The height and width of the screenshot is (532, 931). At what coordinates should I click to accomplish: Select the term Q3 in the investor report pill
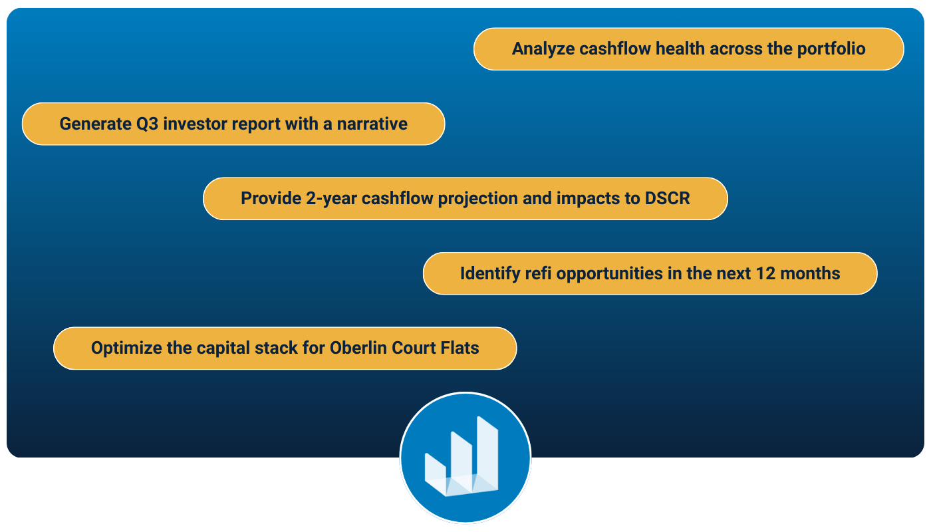click(147, 124)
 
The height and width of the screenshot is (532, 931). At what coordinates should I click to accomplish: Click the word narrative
click(372, 124)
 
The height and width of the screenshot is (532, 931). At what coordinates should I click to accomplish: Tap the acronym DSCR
click(667, 198)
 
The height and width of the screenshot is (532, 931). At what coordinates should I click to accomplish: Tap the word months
click(810, 273)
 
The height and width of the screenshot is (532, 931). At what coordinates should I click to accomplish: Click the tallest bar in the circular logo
click(487, 454)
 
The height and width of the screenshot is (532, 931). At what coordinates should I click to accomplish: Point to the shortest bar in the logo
click(435, 473)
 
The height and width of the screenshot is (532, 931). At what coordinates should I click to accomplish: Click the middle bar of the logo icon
click(462, 463)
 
